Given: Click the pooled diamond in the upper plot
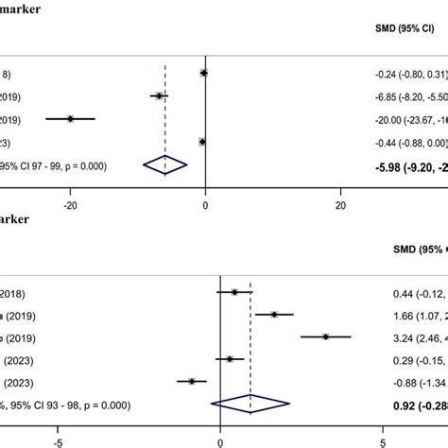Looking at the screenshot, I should [165, 165].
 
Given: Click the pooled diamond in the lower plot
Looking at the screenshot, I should [250, 404].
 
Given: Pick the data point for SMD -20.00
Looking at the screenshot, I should [71, 119].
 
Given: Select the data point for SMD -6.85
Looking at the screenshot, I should [159, 95].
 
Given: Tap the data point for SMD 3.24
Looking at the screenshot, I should [325, 362].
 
